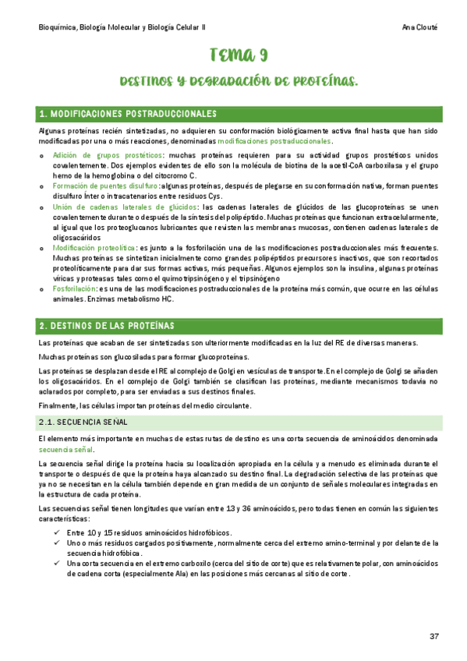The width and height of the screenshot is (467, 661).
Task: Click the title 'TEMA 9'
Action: click(x=239, y=55)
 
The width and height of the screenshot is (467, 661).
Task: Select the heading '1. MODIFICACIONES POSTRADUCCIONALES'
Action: click(x=129, y=115)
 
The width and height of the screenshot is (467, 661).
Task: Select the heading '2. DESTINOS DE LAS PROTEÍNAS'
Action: click(x=108, y=325)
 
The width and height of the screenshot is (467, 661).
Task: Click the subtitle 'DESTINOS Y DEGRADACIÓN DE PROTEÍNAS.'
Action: click(x=239, y=81)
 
